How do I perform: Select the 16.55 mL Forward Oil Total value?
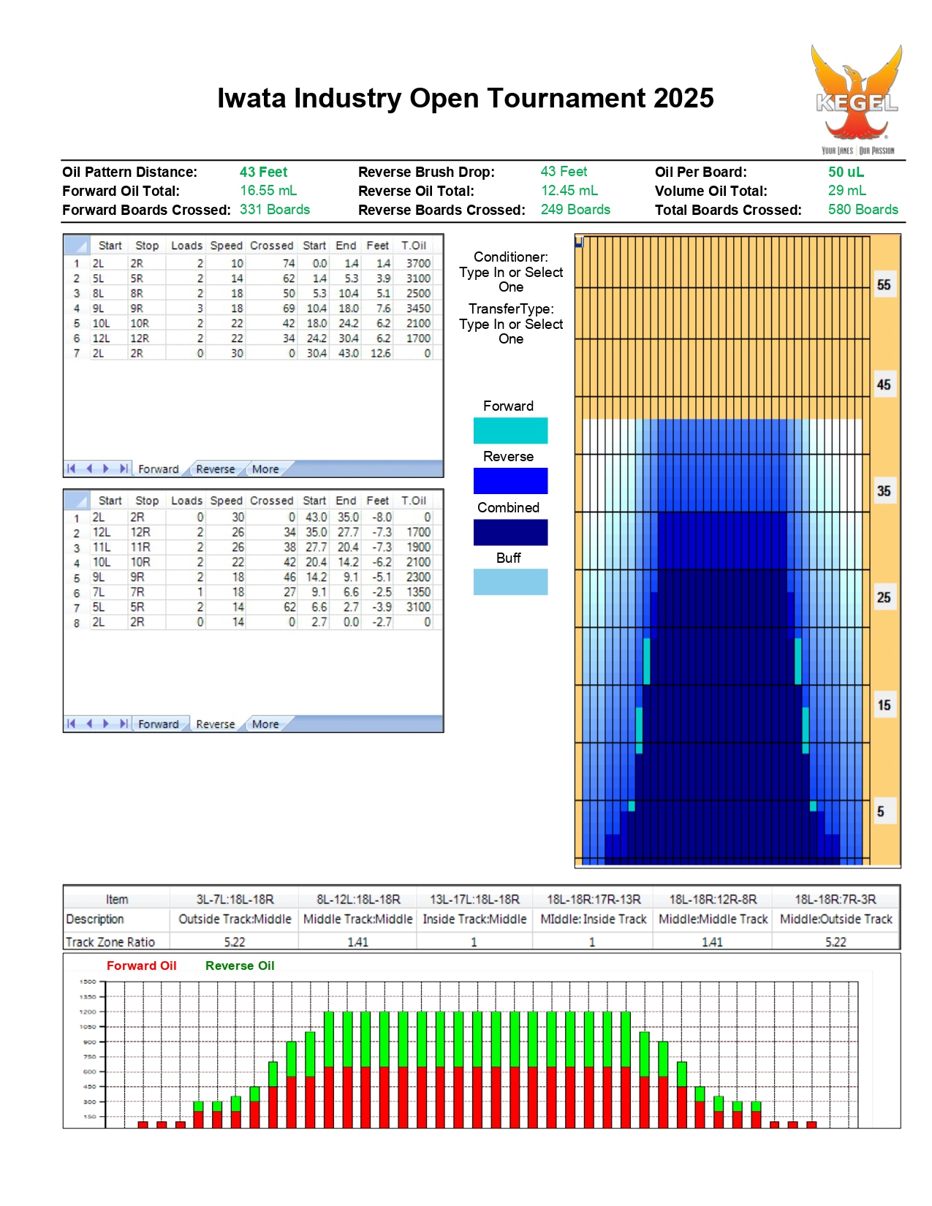pyautogui.click(x=268, y=190)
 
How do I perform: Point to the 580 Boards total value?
pyautogui.click(x=863, y=209)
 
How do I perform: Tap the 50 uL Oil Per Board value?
pyautogui.click(x=846, y=172)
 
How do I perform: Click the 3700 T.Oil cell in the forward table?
pyautogui.click(x=418, y=263)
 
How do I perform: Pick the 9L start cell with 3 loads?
pyautogui.click(x=98, y=308)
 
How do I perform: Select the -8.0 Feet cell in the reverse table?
pyautogui.click(x=382, y=517)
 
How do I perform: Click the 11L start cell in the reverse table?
pyautogui.click(x=101, y=547)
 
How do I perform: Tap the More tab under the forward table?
pyautogui.click(x=265, y=469)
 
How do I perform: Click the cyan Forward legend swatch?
pyautogui.click(x=510, y=430)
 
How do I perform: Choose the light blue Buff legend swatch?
pyautogui.click(x=510, y=582)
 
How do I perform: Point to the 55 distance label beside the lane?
pyautogui.click(x=883, y=285)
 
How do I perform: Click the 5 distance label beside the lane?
pyautogui.click(x=880, y=811)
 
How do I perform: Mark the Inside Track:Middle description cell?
pyautogui.click(x=474, y=919)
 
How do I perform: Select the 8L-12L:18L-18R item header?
pyautogui.click(x=358, y=899)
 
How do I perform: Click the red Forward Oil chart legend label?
pyautogui.click(x=142, y=966)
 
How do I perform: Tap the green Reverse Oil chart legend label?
pyautogui.click(x=240, y=966)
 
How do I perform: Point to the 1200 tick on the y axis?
pyautogui.click(x=88, y=1012)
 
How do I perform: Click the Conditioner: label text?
pyautogui.click(x=510, y=257)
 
